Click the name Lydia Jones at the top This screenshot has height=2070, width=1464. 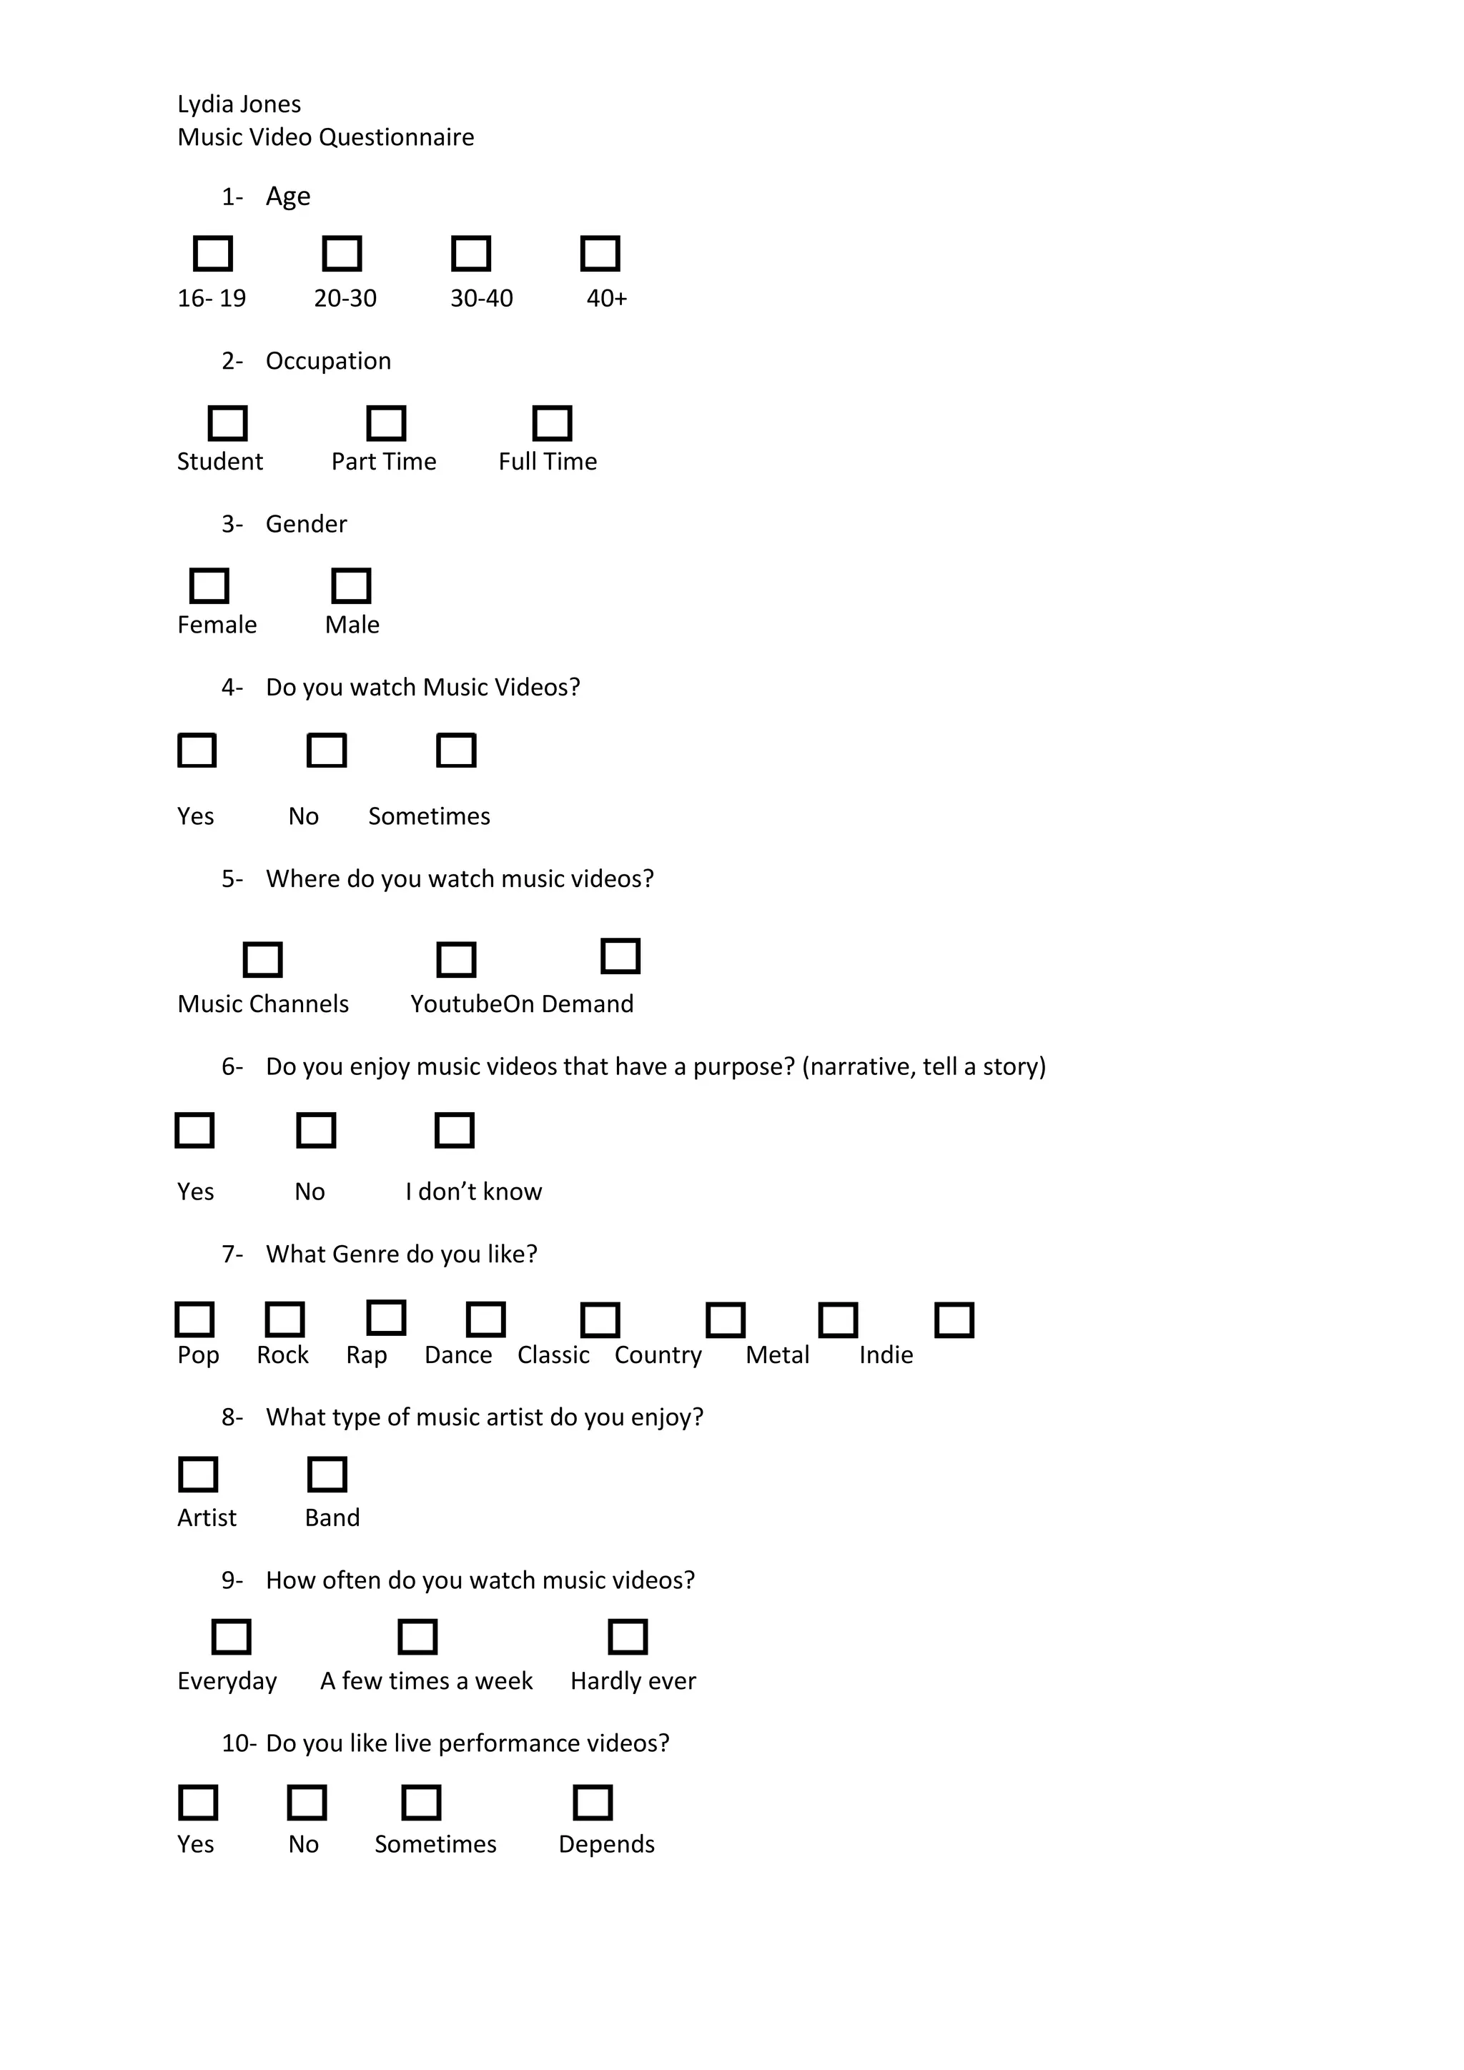[239, 104]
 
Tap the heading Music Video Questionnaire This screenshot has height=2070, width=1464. [325, 137]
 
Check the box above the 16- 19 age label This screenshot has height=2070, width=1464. [213, 253]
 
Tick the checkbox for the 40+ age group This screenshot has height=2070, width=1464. [600, 253]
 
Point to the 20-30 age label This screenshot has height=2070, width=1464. [345, 298]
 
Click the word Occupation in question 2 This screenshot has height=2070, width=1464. [328, 361]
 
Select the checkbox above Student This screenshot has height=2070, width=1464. [227, 423]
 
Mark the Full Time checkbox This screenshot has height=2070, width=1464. [552, 423]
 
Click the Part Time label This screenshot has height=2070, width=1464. [383, 462]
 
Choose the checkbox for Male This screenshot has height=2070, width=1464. [351, 586]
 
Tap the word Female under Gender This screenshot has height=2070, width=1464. [217, 625]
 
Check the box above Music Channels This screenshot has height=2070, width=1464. [262, 959]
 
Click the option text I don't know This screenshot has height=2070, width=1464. [473, 1192]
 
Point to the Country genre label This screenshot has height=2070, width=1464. [658, 1355]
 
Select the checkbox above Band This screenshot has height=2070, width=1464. [327, 1475]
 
